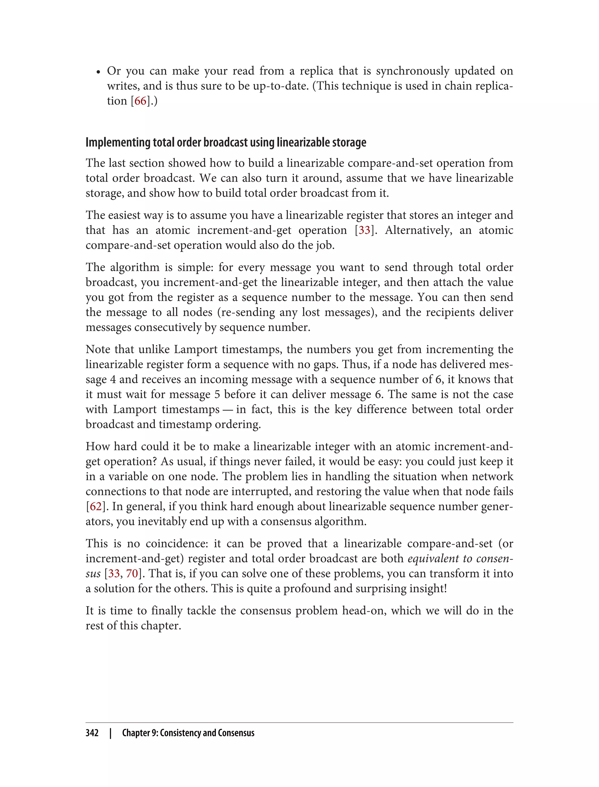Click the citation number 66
(140, 101)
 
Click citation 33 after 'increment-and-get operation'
(364, 230)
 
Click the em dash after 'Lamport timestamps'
(228, 409)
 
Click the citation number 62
(96, 507)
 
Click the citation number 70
(132, 574)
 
